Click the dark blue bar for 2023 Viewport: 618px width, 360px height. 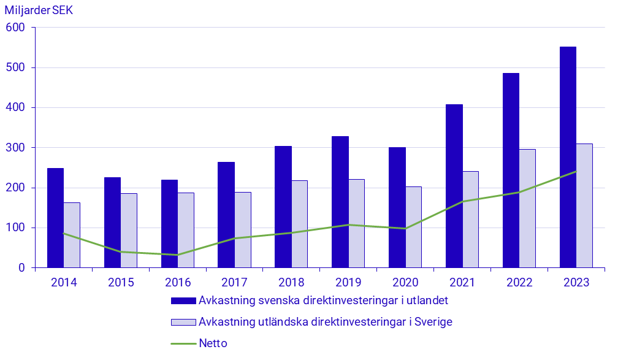[568, 157]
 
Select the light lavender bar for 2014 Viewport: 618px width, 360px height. [72, 235]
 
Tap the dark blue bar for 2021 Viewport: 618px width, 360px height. [454, 186]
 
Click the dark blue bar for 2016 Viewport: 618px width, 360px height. [169, 224]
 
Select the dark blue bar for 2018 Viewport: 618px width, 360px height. [283, 207]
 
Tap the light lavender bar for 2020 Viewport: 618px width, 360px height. [413, 227]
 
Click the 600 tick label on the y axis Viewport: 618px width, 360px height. [15, 28]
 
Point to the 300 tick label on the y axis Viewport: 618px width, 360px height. [15, 148]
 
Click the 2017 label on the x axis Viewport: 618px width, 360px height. [234, 283]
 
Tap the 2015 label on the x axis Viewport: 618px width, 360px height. [121, 283]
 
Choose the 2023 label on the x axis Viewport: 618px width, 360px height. [576, 283]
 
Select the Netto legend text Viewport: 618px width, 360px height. [213, 343]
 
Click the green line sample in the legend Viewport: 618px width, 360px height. [183, 343]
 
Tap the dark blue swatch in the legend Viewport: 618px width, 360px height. [183, 301]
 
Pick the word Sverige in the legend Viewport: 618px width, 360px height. [432, 322]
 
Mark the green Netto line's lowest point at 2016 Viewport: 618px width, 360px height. [178, 255]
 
